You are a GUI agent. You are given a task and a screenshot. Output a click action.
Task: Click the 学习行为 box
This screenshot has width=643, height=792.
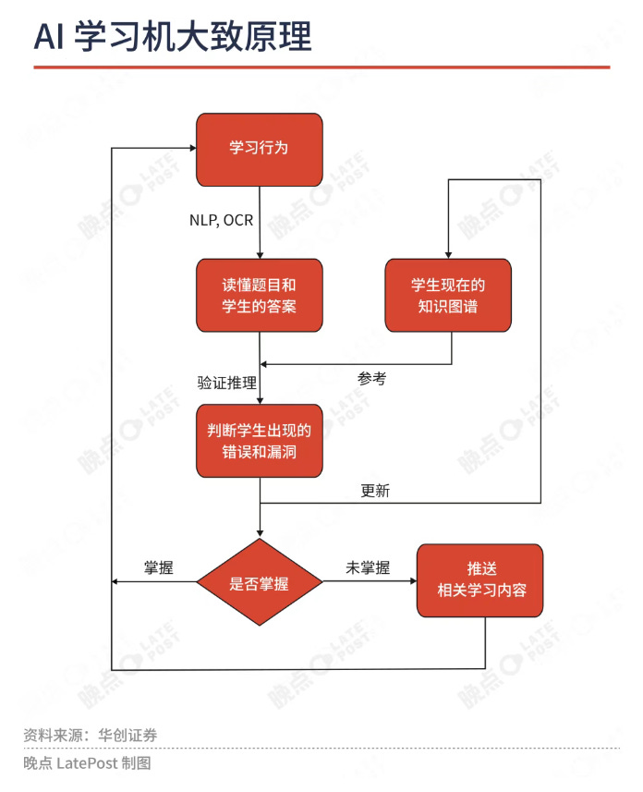click(259, 148)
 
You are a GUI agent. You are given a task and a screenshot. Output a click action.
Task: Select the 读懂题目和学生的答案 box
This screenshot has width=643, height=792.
click(259, 295)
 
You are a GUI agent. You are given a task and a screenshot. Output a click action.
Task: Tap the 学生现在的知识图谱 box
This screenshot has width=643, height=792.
click(448, 295)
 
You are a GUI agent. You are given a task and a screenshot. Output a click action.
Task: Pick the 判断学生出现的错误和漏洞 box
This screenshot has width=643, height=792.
click(259, 441)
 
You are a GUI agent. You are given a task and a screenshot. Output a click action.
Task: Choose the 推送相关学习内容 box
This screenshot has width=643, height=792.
click(479, 580)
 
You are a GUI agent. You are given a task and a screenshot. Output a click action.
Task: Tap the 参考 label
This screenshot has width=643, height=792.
click(371, 378)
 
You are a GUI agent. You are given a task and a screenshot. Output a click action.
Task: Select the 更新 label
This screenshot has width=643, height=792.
click(375, 491)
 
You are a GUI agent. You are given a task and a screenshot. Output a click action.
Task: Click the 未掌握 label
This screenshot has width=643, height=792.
click(368, 568)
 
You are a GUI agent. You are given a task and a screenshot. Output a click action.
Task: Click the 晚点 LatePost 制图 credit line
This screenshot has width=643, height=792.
click(87, 763)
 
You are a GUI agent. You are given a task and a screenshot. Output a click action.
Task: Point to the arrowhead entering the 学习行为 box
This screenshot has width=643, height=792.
click(189, 148)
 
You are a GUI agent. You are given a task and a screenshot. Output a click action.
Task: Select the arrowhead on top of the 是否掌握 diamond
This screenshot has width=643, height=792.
click(260, 532)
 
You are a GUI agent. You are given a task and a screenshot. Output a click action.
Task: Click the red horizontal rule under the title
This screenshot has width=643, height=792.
click(321, 67)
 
